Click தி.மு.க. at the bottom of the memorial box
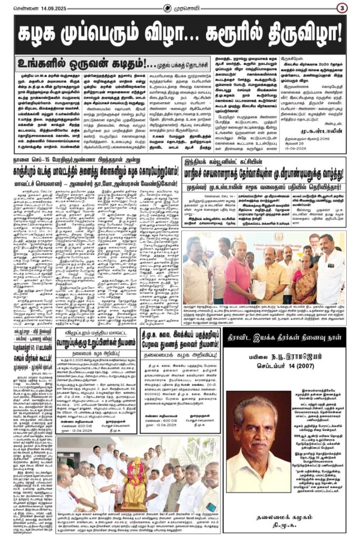coord(289,520)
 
